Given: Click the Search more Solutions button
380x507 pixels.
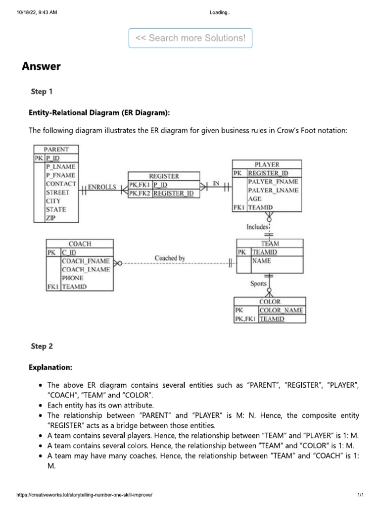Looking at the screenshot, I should pyautogui.click(x=190, y=38).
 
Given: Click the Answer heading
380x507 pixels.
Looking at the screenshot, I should pyautogui.click(x=41, y=66).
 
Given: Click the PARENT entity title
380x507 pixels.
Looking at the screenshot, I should pyautogui.click(x=56, y=149).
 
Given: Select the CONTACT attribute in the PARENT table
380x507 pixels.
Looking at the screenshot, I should pyautogui.click(x=61, y=184).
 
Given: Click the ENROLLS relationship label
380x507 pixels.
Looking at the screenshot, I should pyautogui.click(x=102, y=187).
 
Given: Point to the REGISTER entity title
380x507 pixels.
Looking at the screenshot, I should pyautogui.click(x=164, y=176).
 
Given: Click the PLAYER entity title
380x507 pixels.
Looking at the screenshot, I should pyautogui.click(x=267, y=164).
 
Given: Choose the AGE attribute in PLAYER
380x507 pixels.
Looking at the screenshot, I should pyautogui.click(x=255, y=199).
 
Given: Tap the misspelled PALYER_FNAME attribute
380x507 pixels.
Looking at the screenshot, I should pyautogui.click(x=273, y=182).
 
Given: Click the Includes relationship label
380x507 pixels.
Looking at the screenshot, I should pyautogui.click(x=257, y=227).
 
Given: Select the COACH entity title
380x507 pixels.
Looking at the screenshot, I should pyautogui.click(x=80, y=244).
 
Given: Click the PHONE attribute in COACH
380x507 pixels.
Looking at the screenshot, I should pyautogui.click(x=72, y=278).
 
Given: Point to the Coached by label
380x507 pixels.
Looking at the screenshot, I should pyautogui.click(x=170, y=258).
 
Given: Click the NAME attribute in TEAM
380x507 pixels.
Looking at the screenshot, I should pyautogui.click(x=261, y=260).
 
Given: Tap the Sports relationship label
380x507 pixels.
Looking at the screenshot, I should pyautogui.click(x=258, y=284).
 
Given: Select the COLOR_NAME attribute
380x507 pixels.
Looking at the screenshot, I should pyautogui.click(x=282, y=310).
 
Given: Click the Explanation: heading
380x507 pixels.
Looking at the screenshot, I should pyautogui.click(x=50, y=367).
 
